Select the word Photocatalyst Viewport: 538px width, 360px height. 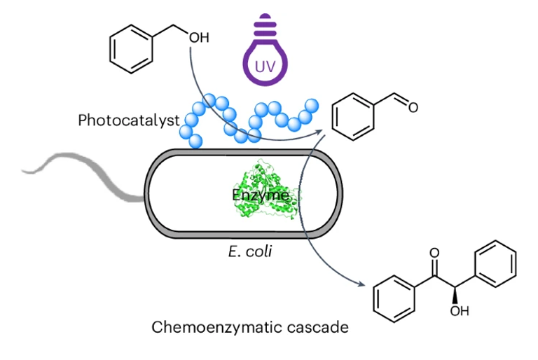[x=128, y=120]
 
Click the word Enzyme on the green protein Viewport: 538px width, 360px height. [x=261, y=195]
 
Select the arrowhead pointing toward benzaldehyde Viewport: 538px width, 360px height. [x=320, y=130]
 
